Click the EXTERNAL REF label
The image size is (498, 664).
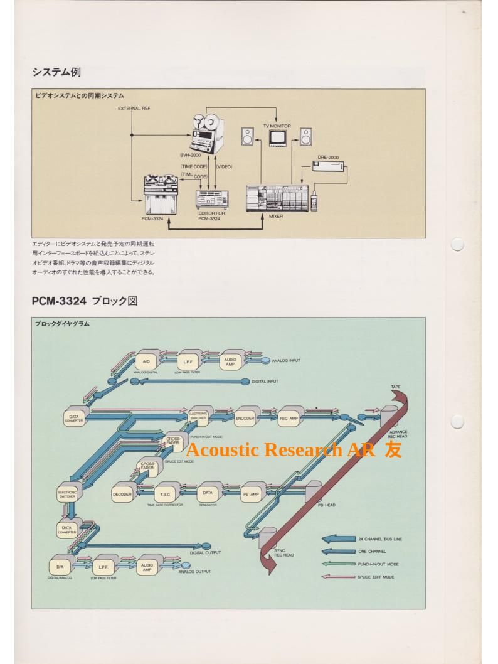134,109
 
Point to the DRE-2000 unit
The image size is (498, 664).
328,166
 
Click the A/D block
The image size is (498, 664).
146,362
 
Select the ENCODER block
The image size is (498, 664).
245,417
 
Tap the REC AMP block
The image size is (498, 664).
289,417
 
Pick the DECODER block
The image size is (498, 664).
122,495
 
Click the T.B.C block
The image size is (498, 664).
165,495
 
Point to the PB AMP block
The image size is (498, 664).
251,495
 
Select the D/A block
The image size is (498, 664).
60,567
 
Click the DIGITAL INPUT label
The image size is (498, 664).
265,382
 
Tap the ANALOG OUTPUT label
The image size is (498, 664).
194,572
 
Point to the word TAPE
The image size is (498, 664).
396,387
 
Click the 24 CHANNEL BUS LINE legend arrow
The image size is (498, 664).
337,539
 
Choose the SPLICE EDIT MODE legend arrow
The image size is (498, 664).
337,577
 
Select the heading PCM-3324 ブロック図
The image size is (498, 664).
85,301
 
